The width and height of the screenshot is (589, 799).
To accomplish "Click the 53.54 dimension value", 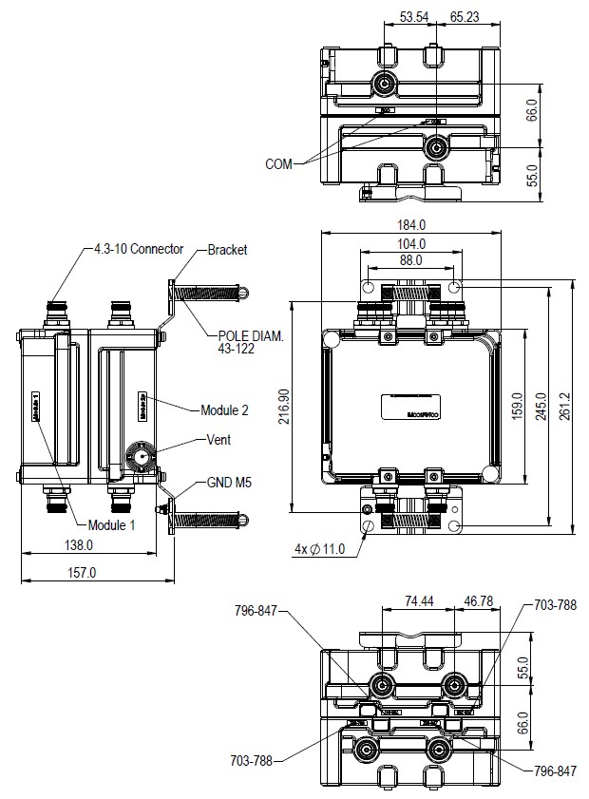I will click(414, 16).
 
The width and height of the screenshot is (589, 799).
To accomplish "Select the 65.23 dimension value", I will click(465, 16).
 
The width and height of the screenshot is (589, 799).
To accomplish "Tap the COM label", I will click(279, 163).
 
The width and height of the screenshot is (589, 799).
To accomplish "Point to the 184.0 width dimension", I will click(410, 225).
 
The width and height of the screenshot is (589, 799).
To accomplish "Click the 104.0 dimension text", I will click(410, 243).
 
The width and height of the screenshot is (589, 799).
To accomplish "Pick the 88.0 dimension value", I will click(410, 260).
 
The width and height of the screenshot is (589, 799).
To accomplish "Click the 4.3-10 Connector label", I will click(138, 249).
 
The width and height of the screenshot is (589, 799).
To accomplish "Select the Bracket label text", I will click(228, 250).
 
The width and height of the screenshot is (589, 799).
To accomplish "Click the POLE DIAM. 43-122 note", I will click(251, 343).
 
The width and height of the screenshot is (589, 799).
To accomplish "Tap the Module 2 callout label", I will click(224, 410).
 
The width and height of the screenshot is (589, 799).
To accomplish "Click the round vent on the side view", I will click(142, 457).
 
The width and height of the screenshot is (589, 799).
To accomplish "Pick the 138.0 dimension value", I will click(78, 545).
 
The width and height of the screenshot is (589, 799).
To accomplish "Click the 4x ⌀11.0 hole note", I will click(318, 550).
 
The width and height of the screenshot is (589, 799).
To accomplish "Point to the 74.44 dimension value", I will click(419, 601).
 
